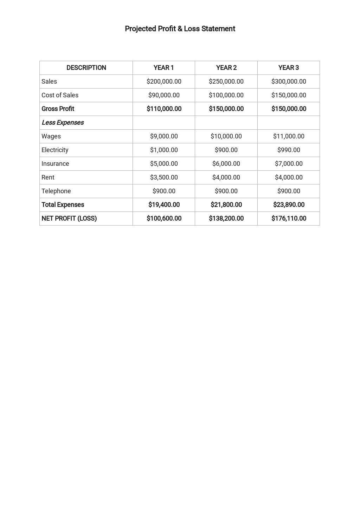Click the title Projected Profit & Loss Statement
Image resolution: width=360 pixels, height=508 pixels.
(180, 29)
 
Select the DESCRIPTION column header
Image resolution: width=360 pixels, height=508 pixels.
(86, 68)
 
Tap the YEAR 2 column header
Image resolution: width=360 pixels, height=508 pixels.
(226, 68)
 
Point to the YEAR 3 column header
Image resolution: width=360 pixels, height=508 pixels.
(288, 68)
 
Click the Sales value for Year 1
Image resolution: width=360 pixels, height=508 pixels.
(164, 82)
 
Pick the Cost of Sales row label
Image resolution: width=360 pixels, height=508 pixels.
(60, 95)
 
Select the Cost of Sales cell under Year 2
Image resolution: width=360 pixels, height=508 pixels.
(226, 95)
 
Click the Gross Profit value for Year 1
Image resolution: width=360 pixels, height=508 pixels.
(164, 109)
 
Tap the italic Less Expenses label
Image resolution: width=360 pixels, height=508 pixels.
(63, 123)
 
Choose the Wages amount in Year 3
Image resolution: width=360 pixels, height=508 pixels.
(288, 136)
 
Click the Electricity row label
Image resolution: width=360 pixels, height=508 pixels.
(55, 150)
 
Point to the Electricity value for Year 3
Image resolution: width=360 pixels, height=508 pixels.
(288, 150)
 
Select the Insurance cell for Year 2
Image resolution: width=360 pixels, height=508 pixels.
(226, 164)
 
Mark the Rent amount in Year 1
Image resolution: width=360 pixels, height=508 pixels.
(164, 177)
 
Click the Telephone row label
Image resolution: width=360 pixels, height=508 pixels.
(56, 191)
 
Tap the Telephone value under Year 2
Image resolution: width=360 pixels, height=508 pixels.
(226, 191)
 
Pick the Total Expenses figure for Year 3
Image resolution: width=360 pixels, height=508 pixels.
(288, 205)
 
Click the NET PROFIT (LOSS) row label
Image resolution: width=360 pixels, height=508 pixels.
(69, 219)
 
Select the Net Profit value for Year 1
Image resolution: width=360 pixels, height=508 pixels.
(164, 219)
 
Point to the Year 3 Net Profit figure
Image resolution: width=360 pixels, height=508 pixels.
(288, 219)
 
